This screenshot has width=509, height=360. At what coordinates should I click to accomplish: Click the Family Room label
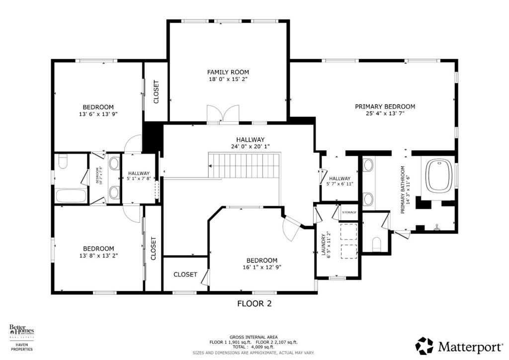(228, 72)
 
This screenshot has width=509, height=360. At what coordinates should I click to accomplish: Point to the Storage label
(349, 213)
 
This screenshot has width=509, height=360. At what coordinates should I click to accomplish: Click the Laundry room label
(323, 245)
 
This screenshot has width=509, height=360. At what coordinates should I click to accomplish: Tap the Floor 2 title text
(254, 303)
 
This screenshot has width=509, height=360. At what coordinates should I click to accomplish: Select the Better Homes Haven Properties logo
(21, 338)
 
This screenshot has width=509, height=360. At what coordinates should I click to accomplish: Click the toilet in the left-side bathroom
(62, 162)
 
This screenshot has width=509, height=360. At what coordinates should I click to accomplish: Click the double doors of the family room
(222, 113)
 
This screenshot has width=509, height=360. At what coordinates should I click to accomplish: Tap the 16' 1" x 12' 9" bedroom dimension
(261, 268)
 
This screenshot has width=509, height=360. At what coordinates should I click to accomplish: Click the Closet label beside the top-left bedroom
(156, 92)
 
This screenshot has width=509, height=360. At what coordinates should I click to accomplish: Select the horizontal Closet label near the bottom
(185, 274)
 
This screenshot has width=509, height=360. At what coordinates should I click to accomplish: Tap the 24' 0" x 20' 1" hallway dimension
(251, 147)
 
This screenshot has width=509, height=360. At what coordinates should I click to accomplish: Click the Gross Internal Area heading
(254, 337)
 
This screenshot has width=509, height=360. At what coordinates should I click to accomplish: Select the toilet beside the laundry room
(376, 244)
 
